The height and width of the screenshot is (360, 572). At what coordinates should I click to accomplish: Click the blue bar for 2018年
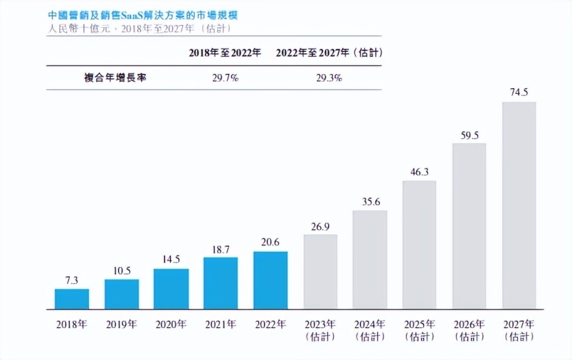(72, 299)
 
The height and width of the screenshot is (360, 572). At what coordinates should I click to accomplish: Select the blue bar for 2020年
(171, 289)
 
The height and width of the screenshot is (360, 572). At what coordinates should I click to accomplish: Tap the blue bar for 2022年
(271, 280)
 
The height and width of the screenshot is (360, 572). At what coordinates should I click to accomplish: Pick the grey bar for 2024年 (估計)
(369, 260)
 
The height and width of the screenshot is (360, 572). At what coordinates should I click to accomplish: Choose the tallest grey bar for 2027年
(519, 206)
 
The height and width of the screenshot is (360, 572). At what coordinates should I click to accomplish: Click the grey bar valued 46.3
(419, 245)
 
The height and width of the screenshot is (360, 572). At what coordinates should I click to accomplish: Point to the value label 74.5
(519, 92)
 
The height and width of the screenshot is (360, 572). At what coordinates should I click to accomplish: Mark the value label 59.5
(470, 135)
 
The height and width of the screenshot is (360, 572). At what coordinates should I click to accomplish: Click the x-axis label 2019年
(122, 325)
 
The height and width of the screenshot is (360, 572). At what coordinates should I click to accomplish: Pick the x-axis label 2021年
(220, 325)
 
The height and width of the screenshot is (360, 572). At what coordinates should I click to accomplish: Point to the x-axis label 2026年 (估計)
(470, 330)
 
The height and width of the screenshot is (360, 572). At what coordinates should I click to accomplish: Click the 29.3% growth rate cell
(328, 78)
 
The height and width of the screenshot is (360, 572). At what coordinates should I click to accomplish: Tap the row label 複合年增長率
(115, 78)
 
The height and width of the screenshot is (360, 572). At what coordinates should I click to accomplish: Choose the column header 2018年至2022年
(225, 53)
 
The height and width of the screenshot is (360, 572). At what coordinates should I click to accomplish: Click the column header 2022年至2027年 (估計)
(329, 53)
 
